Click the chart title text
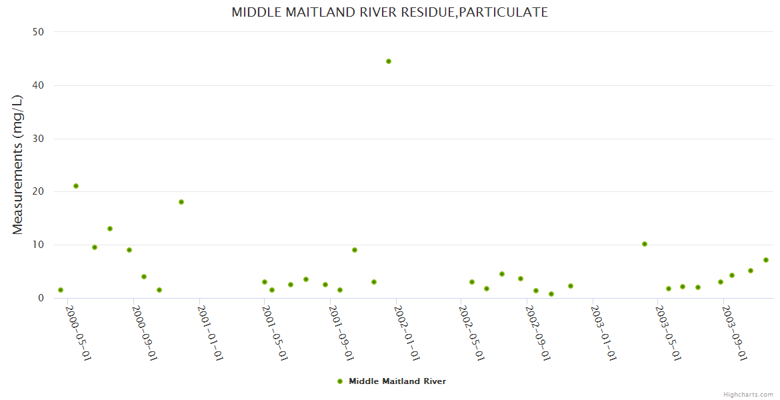389,12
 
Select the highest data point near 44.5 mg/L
389,61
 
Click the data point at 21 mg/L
76,186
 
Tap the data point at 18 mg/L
181,202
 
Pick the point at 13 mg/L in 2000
110,229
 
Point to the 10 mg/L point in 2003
645,244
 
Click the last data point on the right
766,260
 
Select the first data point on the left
61,290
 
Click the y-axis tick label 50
39,32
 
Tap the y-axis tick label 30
39,139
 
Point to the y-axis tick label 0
41,298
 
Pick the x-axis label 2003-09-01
734,333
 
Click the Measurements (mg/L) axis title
18,164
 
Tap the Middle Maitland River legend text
397,381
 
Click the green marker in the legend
340,381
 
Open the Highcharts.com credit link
748,394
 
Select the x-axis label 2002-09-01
537,333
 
